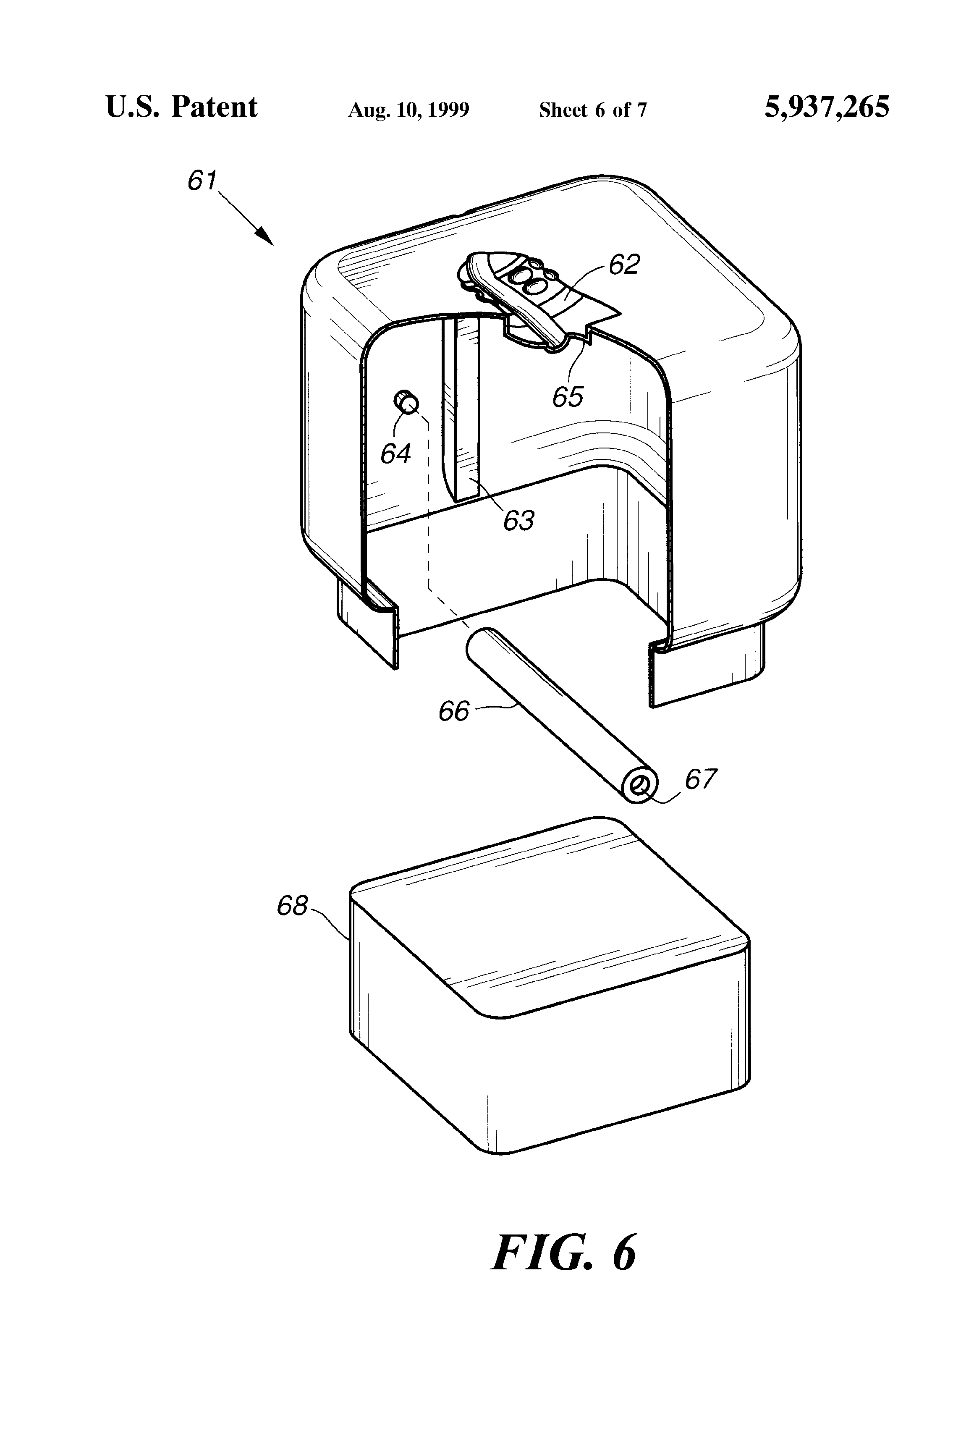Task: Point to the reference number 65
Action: [567, 397]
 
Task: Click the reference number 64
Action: [395, 454]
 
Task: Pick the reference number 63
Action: [518, 520]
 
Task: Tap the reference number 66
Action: [454, 711]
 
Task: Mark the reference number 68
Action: [292, 906]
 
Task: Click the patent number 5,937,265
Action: [826, 107]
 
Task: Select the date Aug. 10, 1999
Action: [409, 110]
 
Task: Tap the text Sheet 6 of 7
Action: [593, 110]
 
